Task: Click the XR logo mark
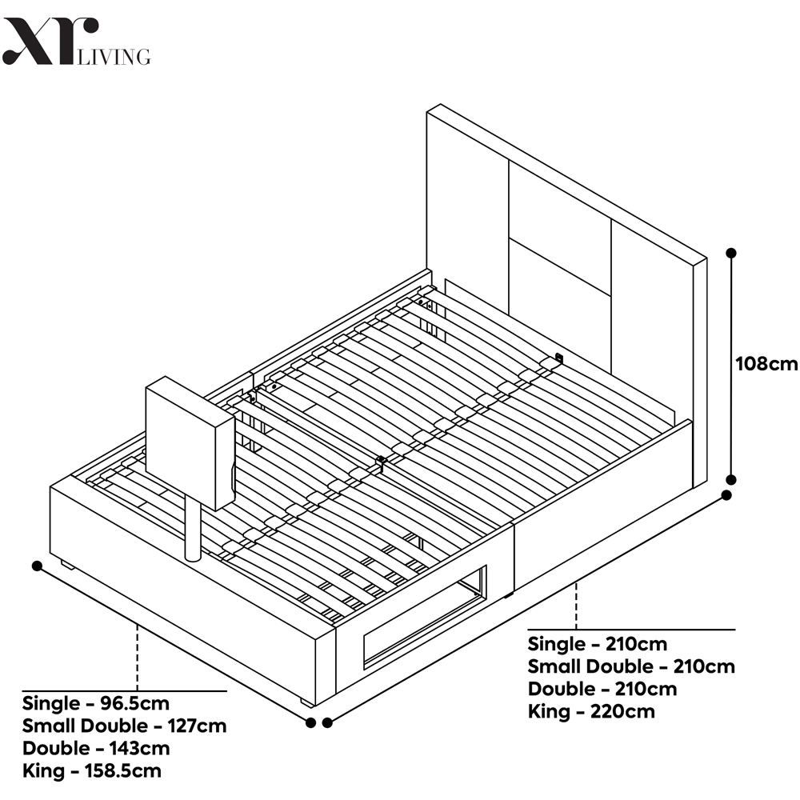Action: pos(50,42)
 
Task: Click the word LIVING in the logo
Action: pos(114,57)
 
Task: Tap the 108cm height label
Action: pos(766,364)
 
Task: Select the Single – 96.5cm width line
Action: pos(95,703)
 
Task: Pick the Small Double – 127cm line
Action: pos(124,726)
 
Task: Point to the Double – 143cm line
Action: pos(96,749)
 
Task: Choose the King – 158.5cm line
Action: pos(92,771)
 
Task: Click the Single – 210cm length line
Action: pos(598,644)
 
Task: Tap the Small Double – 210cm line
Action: pos(631,667)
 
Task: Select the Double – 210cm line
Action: pos(602,690)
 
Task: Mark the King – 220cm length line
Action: pos(591,712)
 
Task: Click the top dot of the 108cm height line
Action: pos(730,253)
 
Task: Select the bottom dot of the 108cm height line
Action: pos(730,479)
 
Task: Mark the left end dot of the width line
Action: pos(37,566)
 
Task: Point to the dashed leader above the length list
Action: pos(576,606)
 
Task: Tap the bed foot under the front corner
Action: pos(308,702)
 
